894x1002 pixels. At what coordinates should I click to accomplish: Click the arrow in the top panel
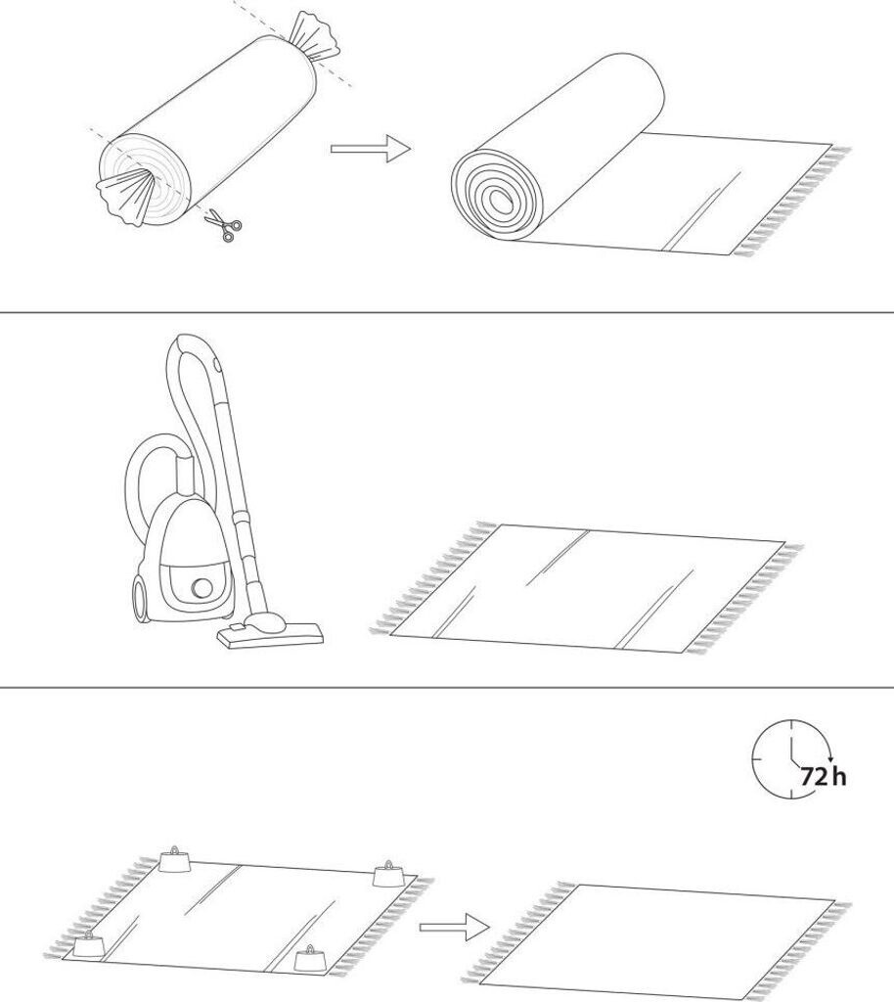(x=371, y=149)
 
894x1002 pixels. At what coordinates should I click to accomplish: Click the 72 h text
(x=824, y=776)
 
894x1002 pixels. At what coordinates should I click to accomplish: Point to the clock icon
(x=792, y=758)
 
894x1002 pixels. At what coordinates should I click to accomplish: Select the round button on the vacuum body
(x=203, y=587)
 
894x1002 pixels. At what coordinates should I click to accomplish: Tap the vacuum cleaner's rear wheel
(x=141, y=597)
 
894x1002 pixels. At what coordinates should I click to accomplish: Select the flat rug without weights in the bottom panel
(x=656, y=940)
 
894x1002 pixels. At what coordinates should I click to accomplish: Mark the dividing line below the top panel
(x=447, y=312)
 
